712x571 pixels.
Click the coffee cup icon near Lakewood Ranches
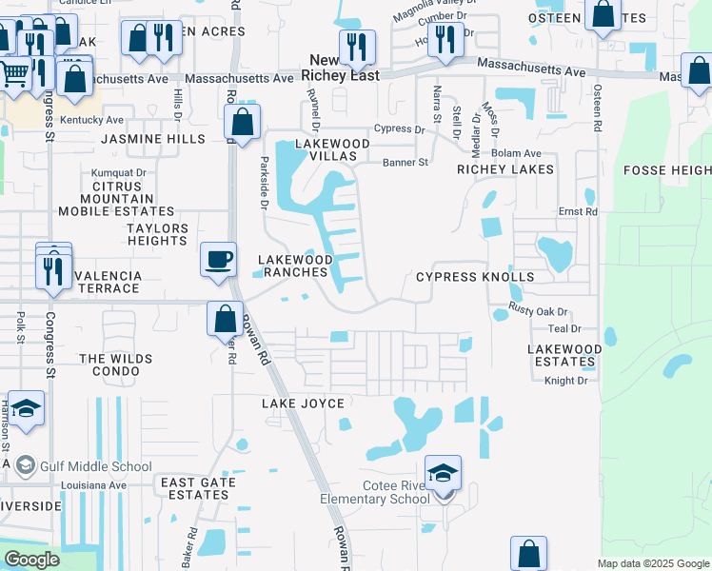[219, 260]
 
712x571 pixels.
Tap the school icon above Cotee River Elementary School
[442, 474]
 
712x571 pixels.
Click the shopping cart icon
[13, 72]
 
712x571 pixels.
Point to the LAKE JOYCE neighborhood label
[303, 404]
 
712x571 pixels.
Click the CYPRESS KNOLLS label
[475, 276]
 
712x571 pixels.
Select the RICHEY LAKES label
[504, 169]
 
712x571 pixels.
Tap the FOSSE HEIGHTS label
[666, 170]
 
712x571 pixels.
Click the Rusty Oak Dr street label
[538, 309]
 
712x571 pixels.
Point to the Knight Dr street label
[566, 381]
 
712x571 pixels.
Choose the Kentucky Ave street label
[91, 121]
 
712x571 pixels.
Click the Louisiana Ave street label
[93, 484]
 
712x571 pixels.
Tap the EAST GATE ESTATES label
[194, 489]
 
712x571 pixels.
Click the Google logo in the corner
[31, 559]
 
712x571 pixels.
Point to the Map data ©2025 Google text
[652, 563]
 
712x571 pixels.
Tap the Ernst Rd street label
[577, 211]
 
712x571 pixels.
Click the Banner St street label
[405, 163]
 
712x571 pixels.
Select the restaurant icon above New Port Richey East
[357, 47]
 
